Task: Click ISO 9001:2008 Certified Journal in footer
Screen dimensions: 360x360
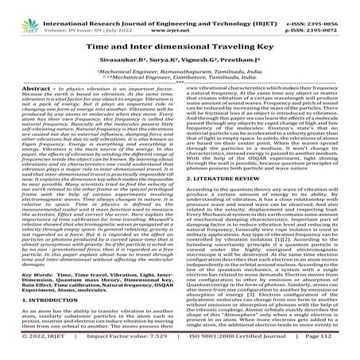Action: tap(247, 347)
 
